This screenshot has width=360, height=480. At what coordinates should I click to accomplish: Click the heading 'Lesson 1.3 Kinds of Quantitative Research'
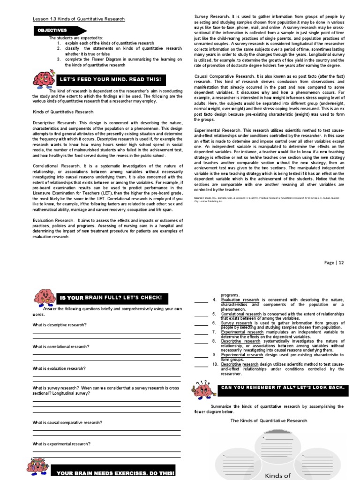click(x=78, y=19)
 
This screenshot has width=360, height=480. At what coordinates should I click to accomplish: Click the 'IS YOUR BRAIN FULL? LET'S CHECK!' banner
click(x=110, y=298)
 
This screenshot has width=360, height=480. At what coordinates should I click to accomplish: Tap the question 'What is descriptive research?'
click(x=60, y=325)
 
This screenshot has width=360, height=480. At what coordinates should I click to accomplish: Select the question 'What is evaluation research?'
click(x=59, y=368)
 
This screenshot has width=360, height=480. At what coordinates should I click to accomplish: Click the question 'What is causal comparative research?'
click(x=67, y=422)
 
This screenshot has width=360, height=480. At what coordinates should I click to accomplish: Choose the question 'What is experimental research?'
click(x=61, y=443)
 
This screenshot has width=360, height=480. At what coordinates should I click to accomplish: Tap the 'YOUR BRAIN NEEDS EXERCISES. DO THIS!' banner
click(x=114, y=473)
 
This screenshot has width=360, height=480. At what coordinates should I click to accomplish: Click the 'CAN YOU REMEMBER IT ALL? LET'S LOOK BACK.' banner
click(x=283, y=388)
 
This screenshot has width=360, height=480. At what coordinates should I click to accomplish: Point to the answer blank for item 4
click(x=201, y=301)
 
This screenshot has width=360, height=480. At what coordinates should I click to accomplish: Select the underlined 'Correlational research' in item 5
click(x=241, y=314)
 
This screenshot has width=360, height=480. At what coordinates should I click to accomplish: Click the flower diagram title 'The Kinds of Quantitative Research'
click(x=269, y=420)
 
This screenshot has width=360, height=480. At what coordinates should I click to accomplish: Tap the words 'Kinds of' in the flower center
click(x=279, y=475)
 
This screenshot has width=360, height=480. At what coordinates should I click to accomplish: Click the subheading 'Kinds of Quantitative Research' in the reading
click(x=63, y=112)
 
